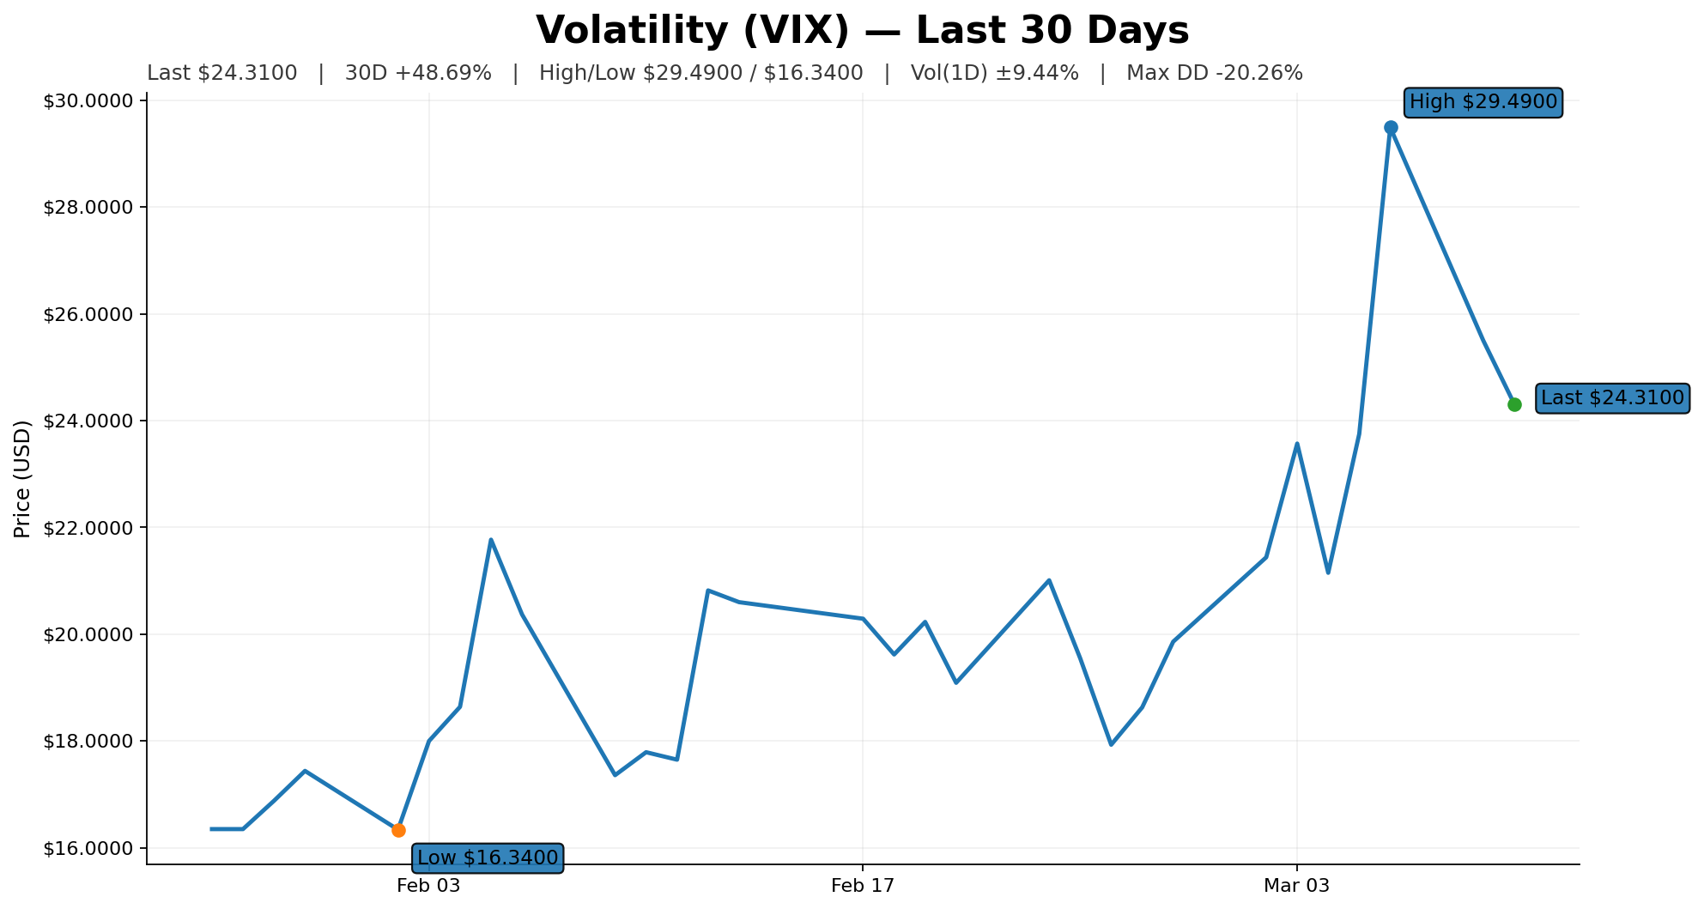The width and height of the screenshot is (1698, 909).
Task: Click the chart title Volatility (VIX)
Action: [862, 31]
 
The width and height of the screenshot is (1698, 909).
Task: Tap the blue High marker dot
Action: [1391, 128]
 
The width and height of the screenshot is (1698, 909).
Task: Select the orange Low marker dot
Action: [398, 830]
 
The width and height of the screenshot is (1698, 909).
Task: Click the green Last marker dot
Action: [1514, 404]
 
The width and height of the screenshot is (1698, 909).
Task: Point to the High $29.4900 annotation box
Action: [1483, 102]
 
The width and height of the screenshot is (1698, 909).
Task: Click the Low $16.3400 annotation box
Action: [488, 857]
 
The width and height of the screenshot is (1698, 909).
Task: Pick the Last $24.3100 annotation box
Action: [1611, 398]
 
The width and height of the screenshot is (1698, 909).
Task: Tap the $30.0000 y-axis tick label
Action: [89, 101]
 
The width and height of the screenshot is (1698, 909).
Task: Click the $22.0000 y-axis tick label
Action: [89, 528]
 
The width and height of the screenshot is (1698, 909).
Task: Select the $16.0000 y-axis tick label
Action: [89, 848]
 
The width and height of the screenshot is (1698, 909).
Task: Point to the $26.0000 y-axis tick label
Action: [89, 314]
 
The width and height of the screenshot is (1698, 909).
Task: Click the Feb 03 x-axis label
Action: [428, 887]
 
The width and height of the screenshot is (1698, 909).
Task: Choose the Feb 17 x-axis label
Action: [863, 887]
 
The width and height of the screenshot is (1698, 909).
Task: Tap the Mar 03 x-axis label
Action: [1296, 887]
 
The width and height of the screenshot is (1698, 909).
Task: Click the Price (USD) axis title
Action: [23, 479]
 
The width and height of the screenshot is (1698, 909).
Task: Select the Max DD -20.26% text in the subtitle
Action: [1214, 74]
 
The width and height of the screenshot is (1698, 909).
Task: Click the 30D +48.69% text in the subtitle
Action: [418, 74]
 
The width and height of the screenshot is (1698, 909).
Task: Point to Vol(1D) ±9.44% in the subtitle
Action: [994, 74]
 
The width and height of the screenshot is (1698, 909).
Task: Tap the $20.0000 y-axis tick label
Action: [89, 634]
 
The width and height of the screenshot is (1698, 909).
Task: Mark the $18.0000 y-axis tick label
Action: [89, 742]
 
